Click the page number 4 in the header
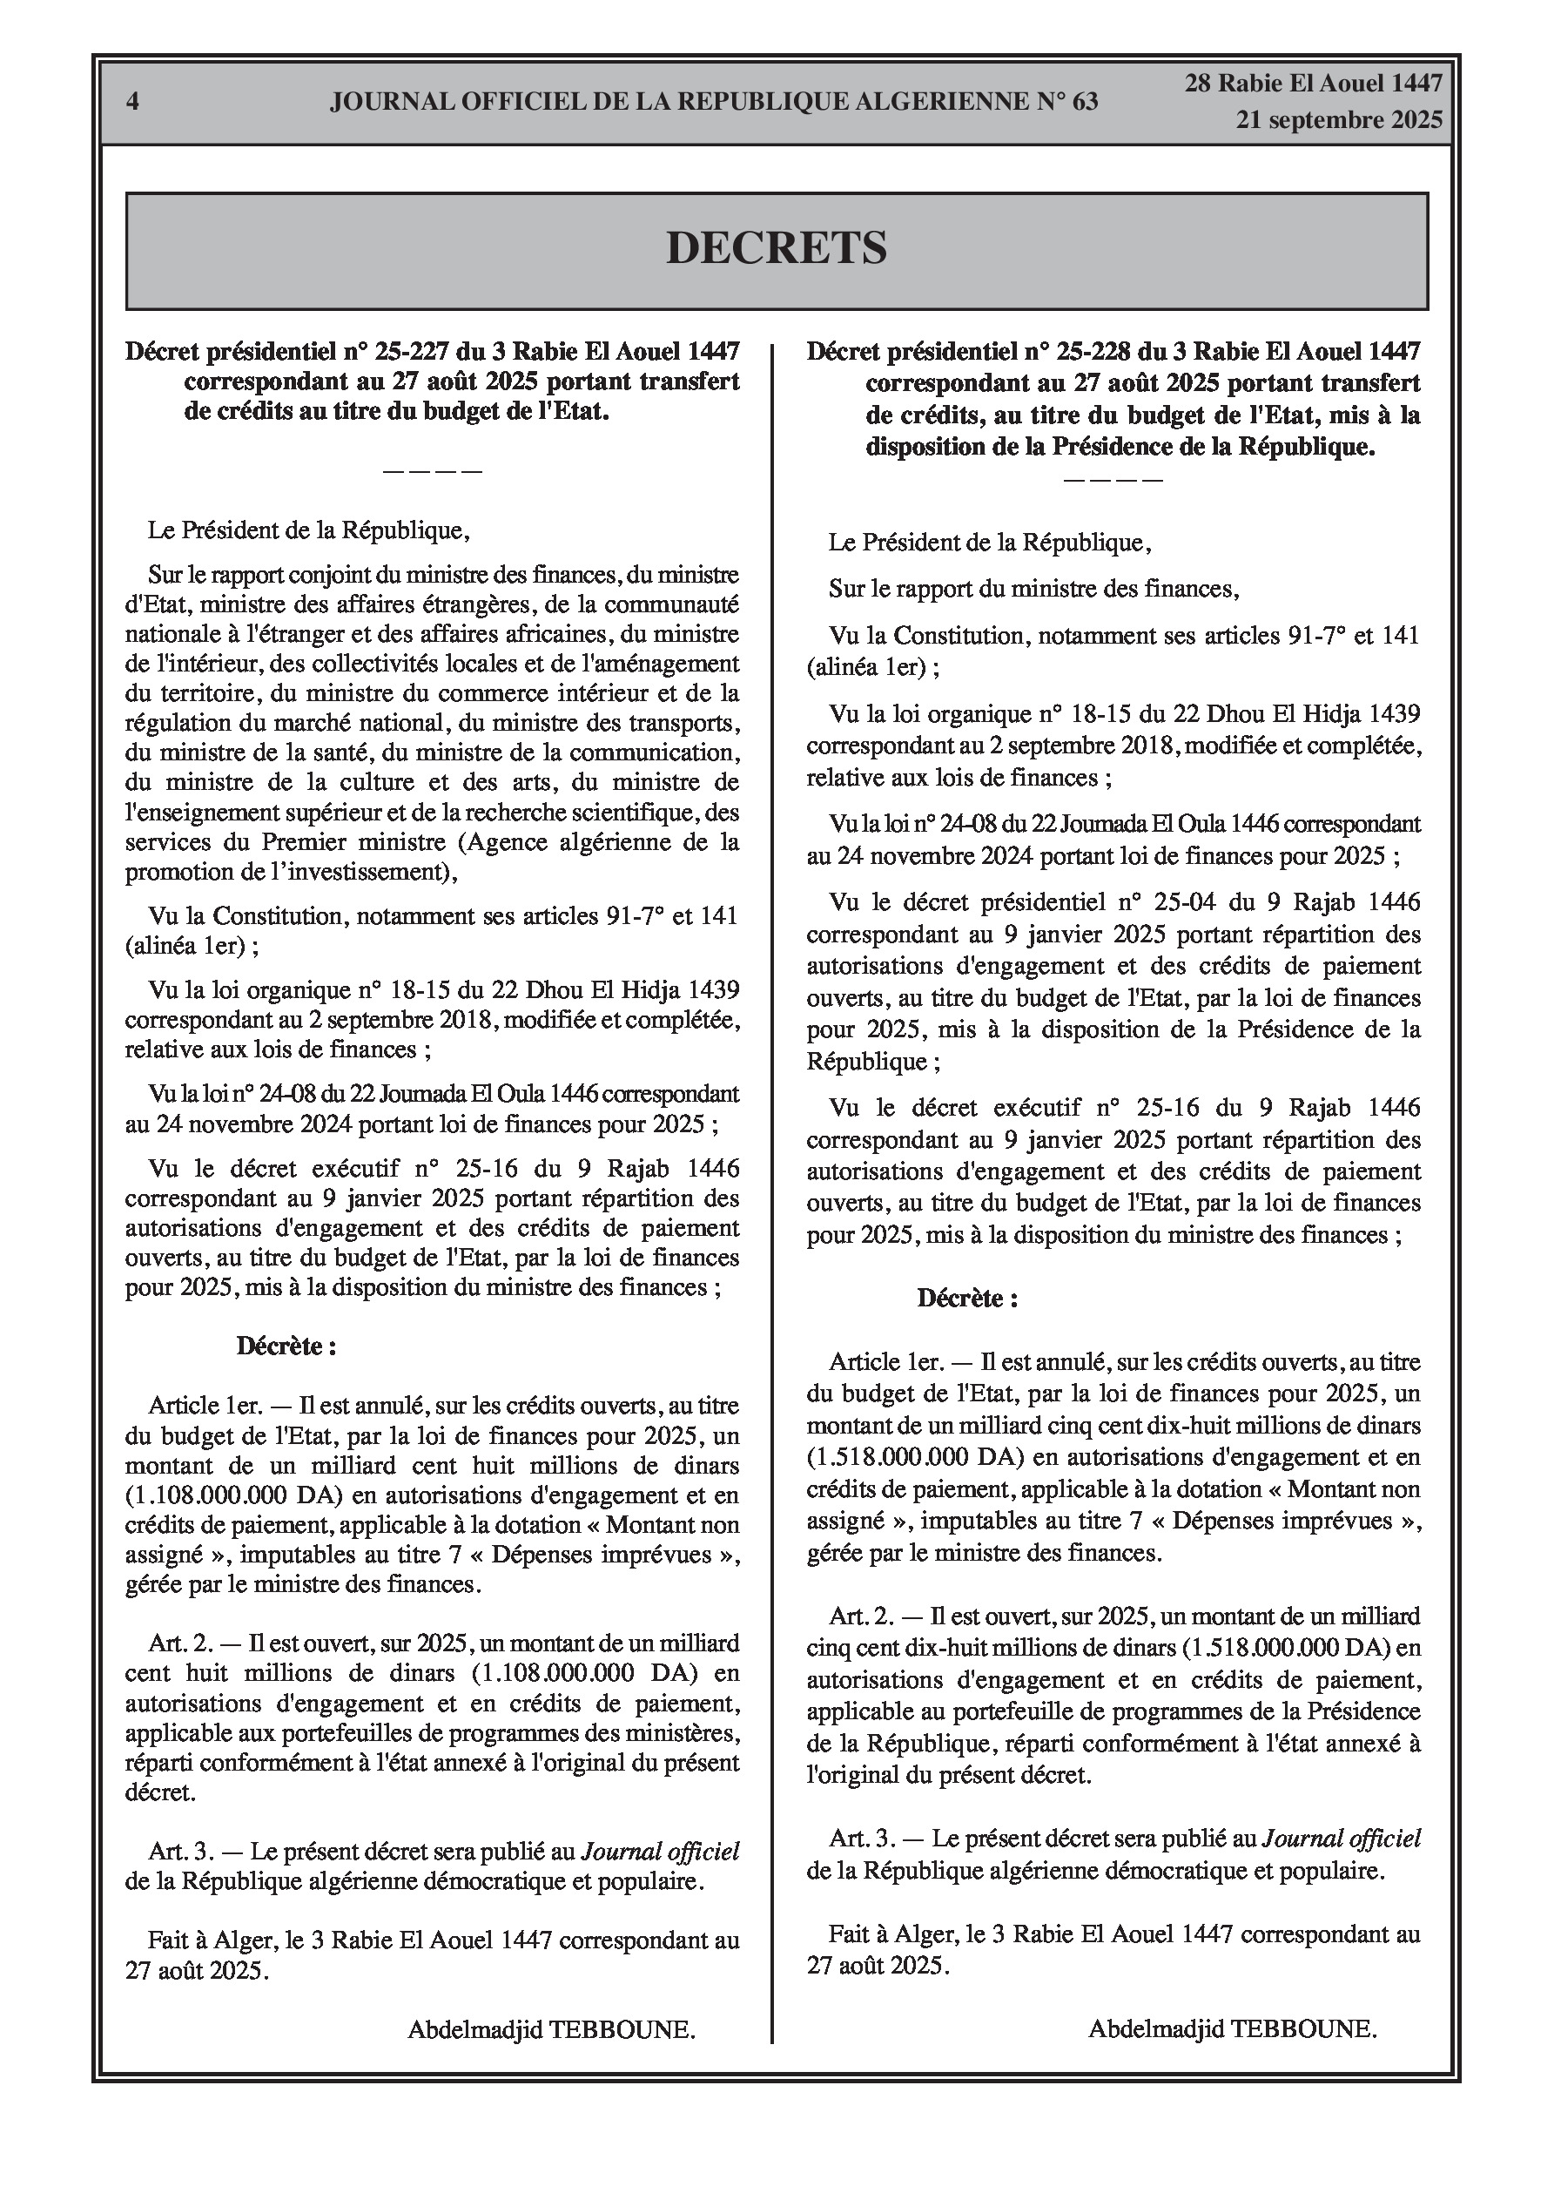pos(132,102)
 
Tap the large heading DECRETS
pos(776,248)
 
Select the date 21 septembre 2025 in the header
pos(1338,121)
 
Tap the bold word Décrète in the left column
pos(286,1346)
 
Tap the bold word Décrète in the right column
pos(966,1299)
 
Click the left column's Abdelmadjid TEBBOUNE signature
pos(551,2029)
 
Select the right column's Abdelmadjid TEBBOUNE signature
pos(1232,2029)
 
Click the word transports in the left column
pos(684,724)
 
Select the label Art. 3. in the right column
pos(861,1838)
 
